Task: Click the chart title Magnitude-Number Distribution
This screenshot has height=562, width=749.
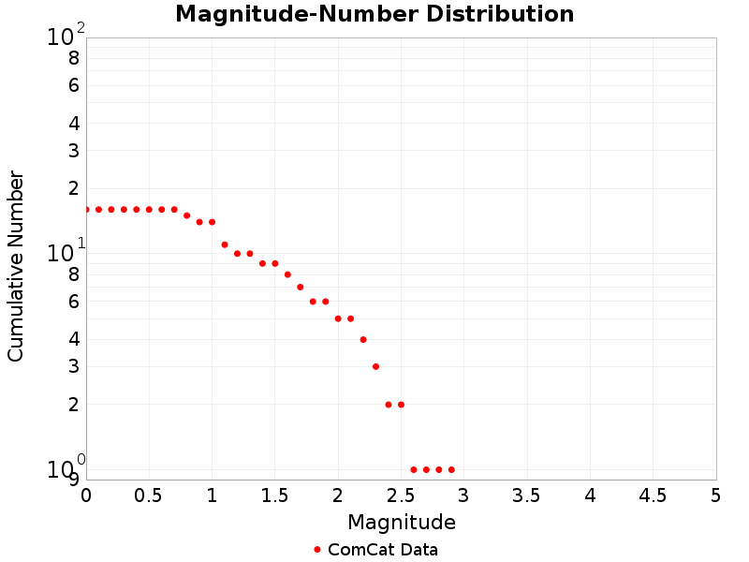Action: [x=374, y=14]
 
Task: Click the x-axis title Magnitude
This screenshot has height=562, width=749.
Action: [x=401, y=522]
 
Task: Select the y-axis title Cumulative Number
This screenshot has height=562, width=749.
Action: [x=16, y=266]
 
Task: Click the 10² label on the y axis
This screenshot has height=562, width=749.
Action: [x=66, y=37]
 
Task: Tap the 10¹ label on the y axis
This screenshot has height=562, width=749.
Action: [x=66, y=253]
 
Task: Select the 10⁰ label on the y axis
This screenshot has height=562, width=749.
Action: [x=66, y=468]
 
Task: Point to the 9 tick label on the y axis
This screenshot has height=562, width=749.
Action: [x=74, y=480]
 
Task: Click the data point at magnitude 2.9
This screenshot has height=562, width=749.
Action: [x=451, y=469]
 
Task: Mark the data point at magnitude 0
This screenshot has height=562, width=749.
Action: [x=86, y=210]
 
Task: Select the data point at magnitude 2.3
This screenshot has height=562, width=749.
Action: [x=375, y=366]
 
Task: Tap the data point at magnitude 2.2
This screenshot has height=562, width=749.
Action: [x=363, y=339]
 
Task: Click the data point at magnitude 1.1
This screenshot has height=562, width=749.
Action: [x=225, y=244]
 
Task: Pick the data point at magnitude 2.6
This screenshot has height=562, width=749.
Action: [x=414, y=469]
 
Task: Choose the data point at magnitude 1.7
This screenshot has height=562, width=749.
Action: [x=301, y=287]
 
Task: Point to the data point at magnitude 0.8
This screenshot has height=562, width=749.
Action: [x=187, y=215]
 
